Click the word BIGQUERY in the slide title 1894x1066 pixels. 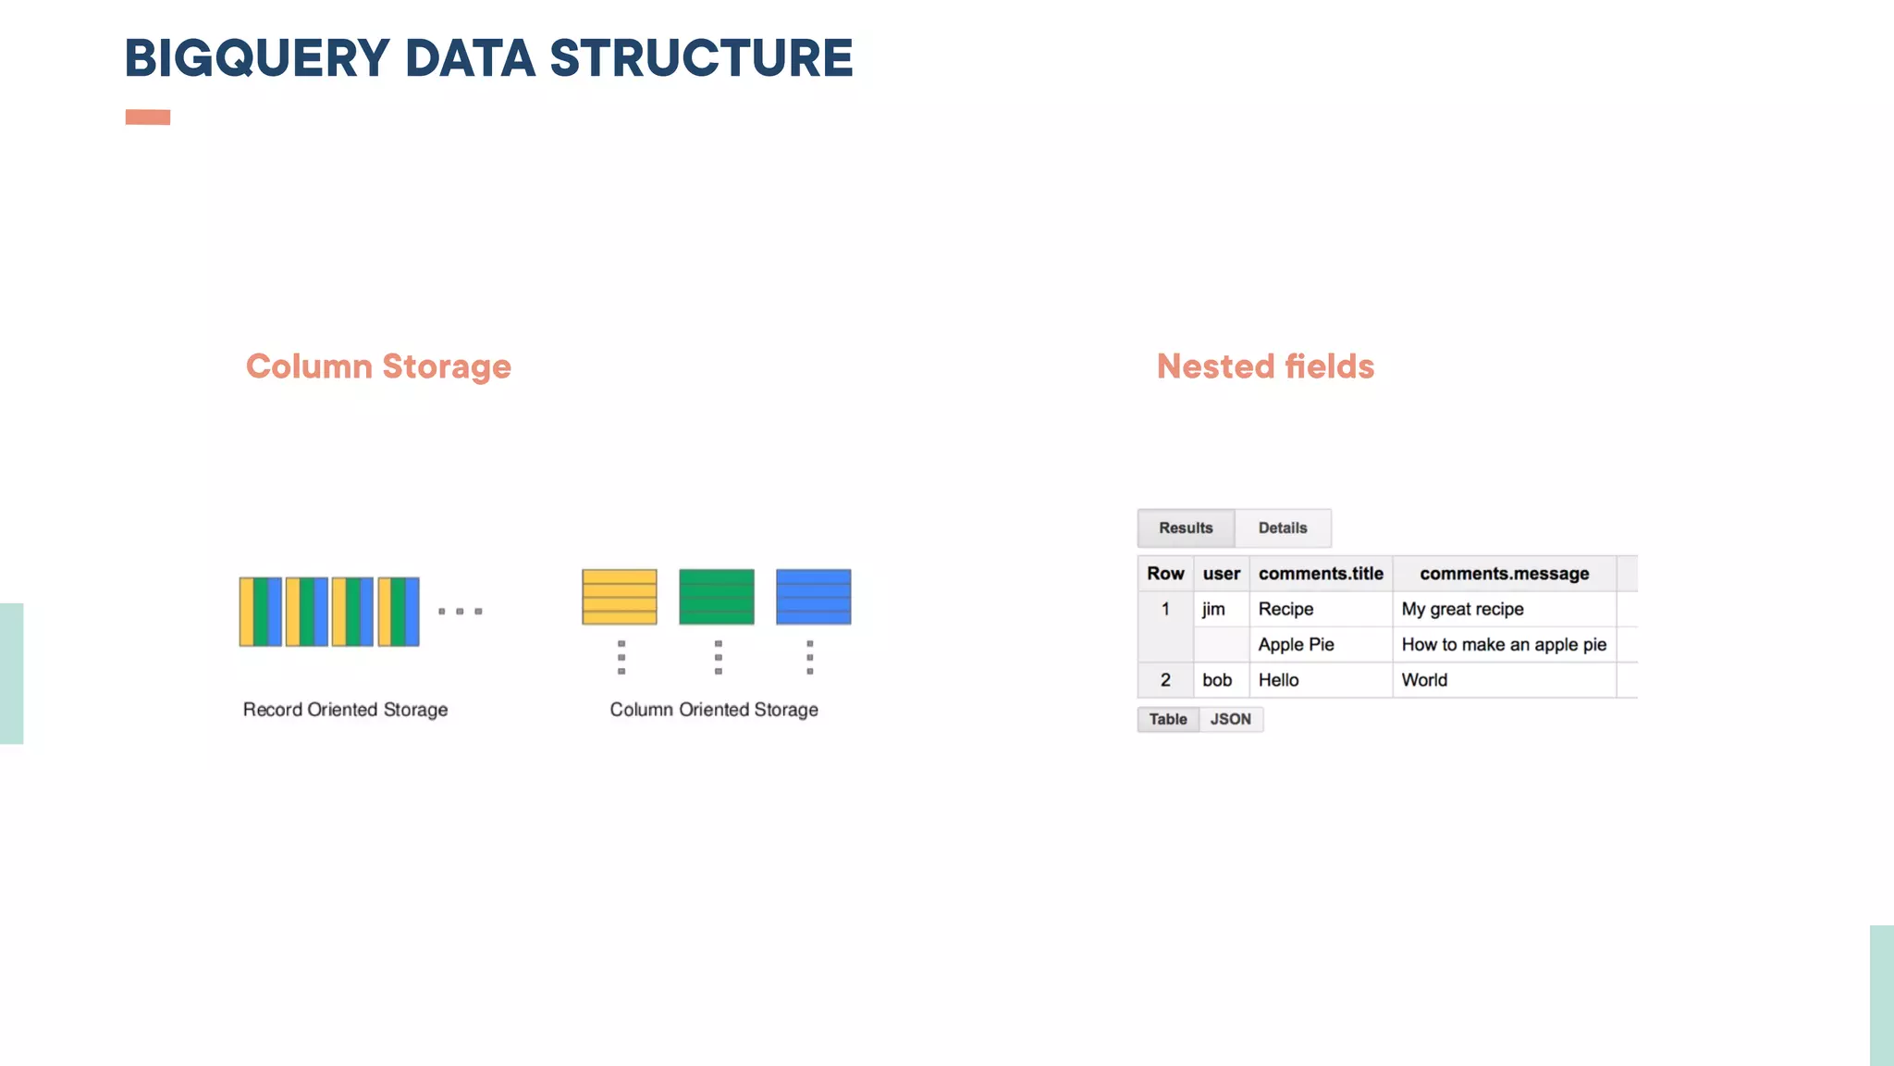click(257, 58)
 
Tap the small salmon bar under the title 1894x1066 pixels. click(148, 117)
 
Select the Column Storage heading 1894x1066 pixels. click(378, 366)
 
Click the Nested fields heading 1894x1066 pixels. click(1265, 366)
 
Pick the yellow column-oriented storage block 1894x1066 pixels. click(620, 597)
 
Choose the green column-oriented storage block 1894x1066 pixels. click(717, 597)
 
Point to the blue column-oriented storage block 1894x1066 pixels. click(813, 597)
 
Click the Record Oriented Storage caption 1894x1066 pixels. click(345, 710)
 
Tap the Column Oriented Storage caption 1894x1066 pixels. click(714, 710)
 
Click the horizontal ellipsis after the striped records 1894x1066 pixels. click(460, 612)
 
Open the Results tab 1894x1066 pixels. click(1186, 528)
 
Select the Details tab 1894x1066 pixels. click(1283, 528)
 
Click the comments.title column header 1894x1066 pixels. click(1321, 574)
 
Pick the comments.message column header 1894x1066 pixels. click(1504, 574)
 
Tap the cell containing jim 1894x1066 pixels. click(1213, 609)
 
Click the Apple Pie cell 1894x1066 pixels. click(1296, 645)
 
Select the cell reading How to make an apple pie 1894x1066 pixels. click(1504, 645)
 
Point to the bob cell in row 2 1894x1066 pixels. click(1217, 680)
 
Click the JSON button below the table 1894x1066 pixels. click(1230, 719)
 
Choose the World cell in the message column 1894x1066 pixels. click(1424, 680)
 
